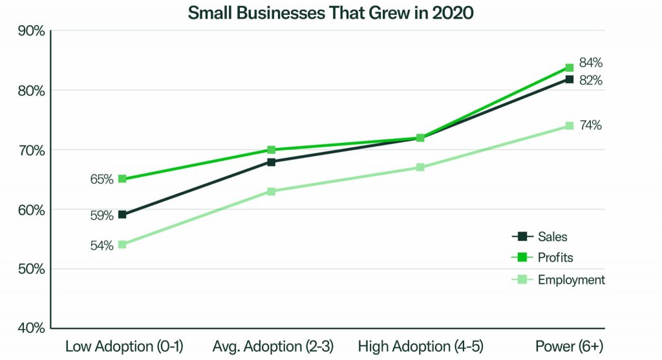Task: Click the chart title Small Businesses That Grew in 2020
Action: [x=330, y=12]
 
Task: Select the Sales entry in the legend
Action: [x=552, y=236]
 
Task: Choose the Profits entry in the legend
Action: [x=555, y=257]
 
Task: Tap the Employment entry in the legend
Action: [x=571, y=279]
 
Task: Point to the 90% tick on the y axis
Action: [x=30, y=31]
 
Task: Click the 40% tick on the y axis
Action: [x=30, y=328]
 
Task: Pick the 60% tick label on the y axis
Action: [x=30, y=209]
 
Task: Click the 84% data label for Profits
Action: [x=591, y=63]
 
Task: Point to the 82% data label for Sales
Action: [x=591, y=80]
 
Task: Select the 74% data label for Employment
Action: [x=591, y=125]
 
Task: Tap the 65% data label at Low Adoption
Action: [x=101, y=179]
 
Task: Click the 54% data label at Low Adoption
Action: [x=101, y=245]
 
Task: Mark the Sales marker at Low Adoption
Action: [x=122, y=215]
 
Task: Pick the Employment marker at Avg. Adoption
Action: [x=272, y=191]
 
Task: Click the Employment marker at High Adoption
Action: [x=420, y=167]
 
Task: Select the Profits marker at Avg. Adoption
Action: [x=272, y=150]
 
